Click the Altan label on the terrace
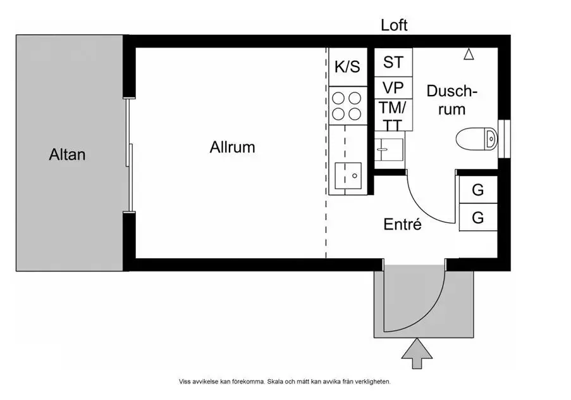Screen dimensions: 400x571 tap(67, 154)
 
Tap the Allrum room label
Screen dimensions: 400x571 tap(232, 147)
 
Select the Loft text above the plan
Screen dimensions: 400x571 tap(394, 25)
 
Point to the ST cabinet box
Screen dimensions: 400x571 tap(393, 62)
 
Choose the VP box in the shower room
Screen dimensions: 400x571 tap(393, 87)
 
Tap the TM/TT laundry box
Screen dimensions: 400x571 tap(393, 115)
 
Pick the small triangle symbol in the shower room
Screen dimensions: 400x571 tap(469, 55)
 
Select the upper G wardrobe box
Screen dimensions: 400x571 tap(477, 189)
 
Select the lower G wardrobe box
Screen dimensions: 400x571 tap(477, 218)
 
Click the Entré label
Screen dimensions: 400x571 tap(402, 224)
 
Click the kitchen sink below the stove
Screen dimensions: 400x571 tap(347, 175)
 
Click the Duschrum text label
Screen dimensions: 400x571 tap(452, 99)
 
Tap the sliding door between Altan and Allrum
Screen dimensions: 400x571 tap(130, 154)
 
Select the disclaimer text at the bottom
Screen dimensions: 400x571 tap(285, 382)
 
